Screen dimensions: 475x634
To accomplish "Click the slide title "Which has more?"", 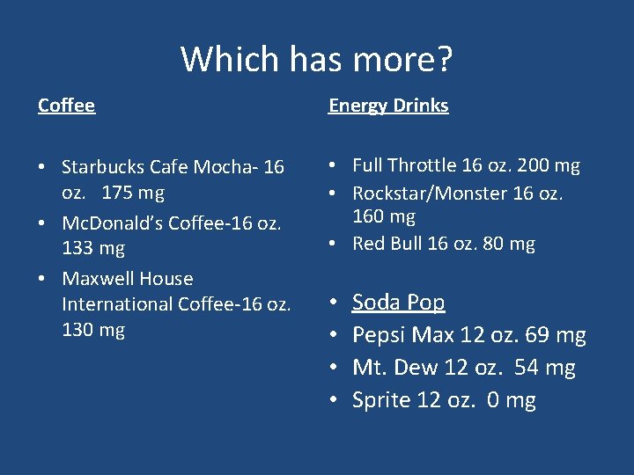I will coord(316,60).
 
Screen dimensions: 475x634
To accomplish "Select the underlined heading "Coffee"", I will coord(66,106).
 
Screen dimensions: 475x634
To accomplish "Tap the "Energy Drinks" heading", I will coord(388,106).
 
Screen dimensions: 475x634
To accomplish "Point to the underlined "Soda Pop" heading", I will coord(398,303).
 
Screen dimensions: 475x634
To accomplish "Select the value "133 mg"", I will coord(93,248).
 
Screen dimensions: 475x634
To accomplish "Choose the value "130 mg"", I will coord(93,330).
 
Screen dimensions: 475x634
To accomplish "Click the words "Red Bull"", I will coord(387,244).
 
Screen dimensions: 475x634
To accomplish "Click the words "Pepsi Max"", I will coord(394,335).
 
